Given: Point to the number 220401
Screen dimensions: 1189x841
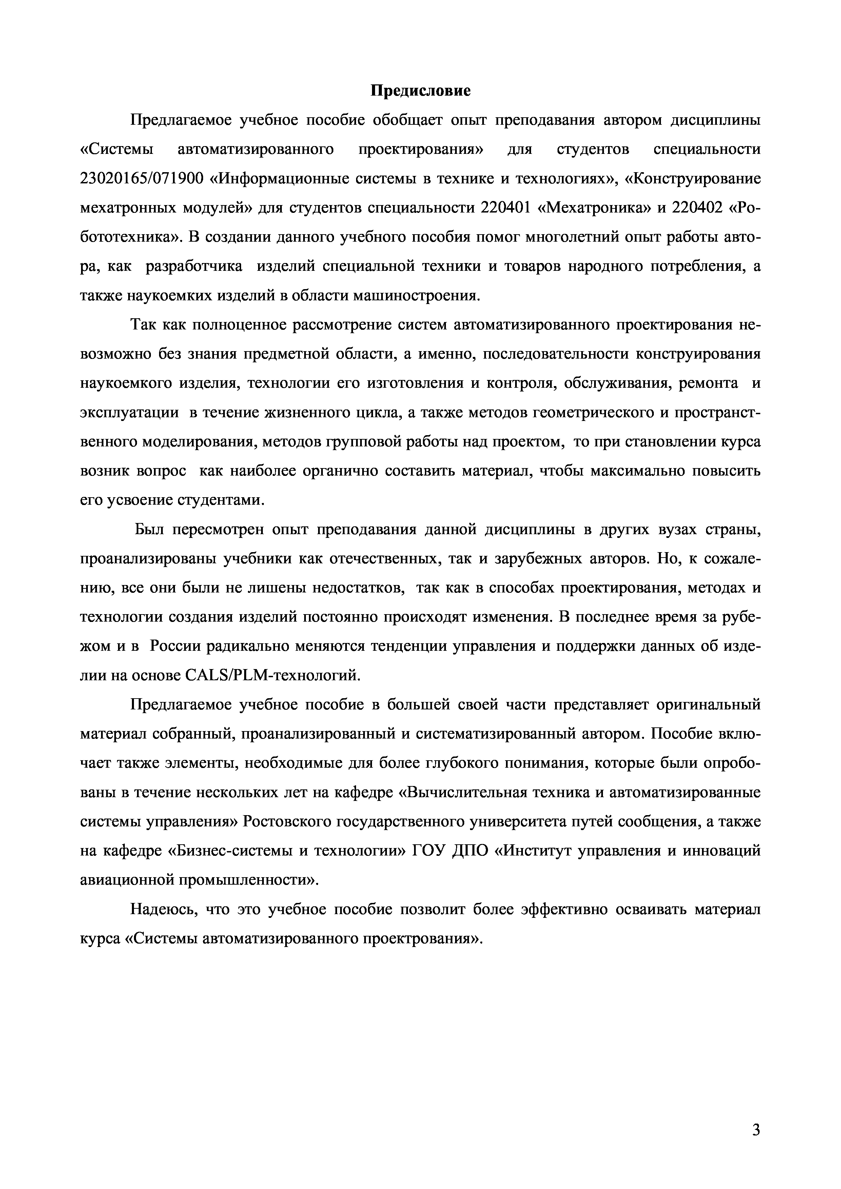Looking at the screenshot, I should pyautogui.click(x=505, y=208).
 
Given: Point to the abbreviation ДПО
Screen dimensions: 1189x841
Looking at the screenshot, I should pyautogui.click(x=470, y=851).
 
